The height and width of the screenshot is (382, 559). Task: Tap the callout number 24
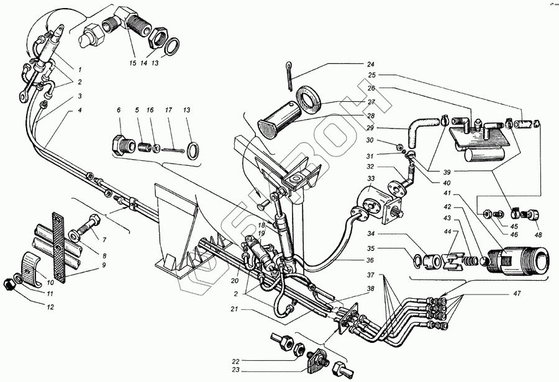coord(370,65)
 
